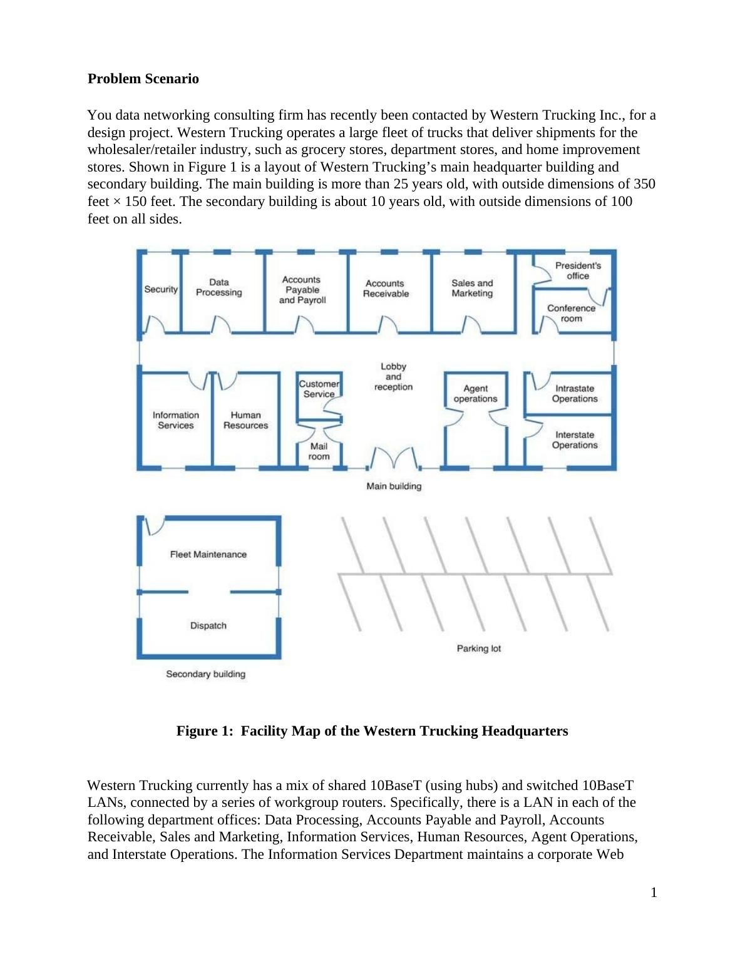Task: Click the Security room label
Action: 161,289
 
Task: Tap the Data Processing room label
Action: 218,287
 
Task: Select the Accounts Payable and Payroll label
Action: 302,290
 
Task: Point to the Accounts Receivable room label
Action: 386,289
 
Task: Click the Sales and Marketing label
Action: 472,288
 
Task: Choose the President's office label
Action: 577,270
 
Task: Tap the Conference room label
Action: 571,313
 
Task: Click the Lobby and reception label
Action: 393,376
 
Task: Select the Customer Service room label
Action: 319,389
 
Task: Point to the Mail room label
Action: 319,451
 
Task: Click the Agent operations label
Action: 475,394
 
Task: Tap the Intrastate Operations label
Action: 575,394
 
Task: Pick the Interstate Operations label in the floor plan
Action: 575,440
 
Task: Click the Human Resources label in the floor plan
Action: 245,420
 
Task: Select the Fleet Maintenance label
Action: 208,554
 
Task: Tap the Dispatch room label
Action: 208,625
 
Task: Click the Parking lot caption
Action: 479,649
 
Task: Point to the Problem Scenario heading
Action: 143,79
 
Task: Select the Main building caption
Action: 394,486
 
